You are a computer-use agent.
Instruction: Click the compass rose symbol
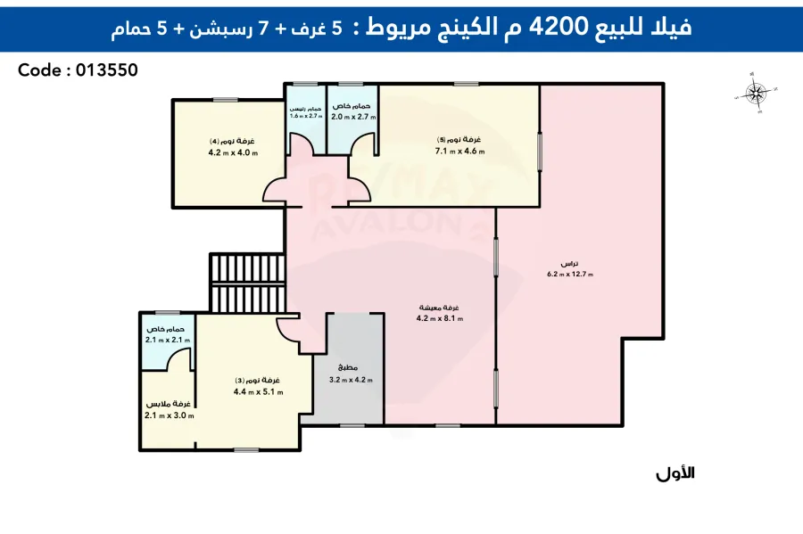pos(757,94)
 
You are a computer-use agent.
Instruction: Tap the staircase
pos(247,283)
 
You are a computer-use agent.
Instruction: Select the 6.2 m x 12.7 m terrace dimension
pos(569,275)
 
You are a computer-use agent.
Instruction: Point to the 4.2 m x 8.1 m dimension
pos(440,318)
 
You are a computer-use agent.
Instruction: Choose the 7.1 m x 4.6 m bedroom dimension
pos(459,152)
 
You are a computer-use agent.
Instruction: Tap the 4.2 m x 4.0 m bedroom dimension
pos(232,152)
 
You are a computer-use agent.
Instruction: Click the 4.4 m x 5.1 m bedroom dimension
pos(258,392)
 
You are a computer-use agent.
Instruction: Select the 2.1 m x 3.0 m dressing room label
pos(169,415)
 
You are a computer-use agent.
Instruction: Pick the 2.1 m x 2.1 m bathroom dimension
pos(167,340)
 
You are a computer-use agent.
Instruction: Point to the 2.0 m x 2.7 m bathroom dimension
pos(353,117)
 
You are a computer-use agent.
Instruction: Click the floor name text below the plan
pos(675,473)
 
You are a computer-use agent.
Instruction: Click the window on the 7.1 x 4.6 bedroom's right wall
pos(540,151)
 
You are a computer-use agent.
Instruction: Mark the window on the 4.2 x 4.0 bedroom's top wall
pos(225,99)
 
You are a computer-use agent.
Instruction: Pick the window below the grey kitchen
pos(353,425)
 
